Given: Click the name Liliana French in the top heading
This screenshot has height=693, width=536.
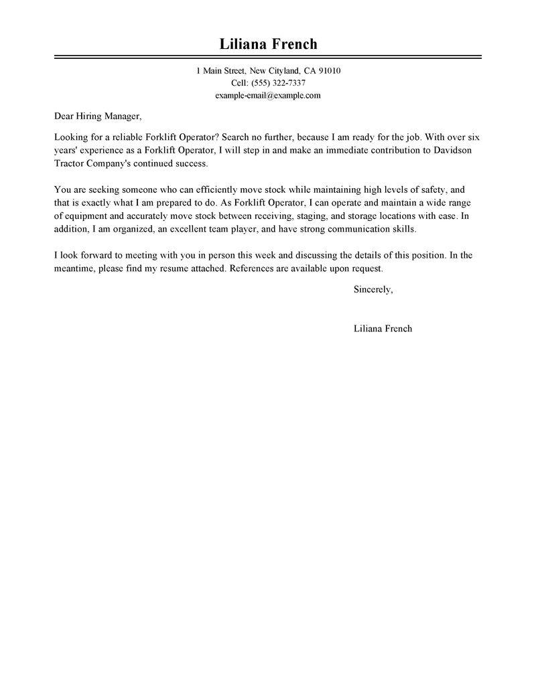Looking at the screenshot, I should pyautogui.click(x=268, y=45).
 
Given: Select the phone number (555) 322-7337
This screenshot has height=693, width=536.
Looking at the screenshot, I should pyautogui.click(x=277, y=83).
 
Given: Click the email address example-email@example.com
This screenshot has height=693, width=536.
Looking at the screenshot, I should pyautogui.click(x=268, y=95).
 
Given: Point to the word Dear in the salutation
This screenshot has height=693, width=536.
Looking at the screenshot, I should pyautogui.click(x=65, y=115).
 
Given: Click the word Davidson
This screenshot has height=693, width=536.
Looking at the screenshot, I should pyautogui.click(x=452, y=150).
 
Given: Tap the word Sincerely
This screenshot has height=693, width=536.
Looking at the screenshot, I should pyautogui.click(x=373, y=290).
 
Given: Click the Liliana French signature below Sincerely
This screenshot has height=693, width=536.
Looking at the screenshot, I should pyautogui.click(x=383, y=329).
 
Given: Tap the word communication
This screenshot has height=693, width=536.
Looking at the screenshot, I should pyautogui.click(x=354, y=229).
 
